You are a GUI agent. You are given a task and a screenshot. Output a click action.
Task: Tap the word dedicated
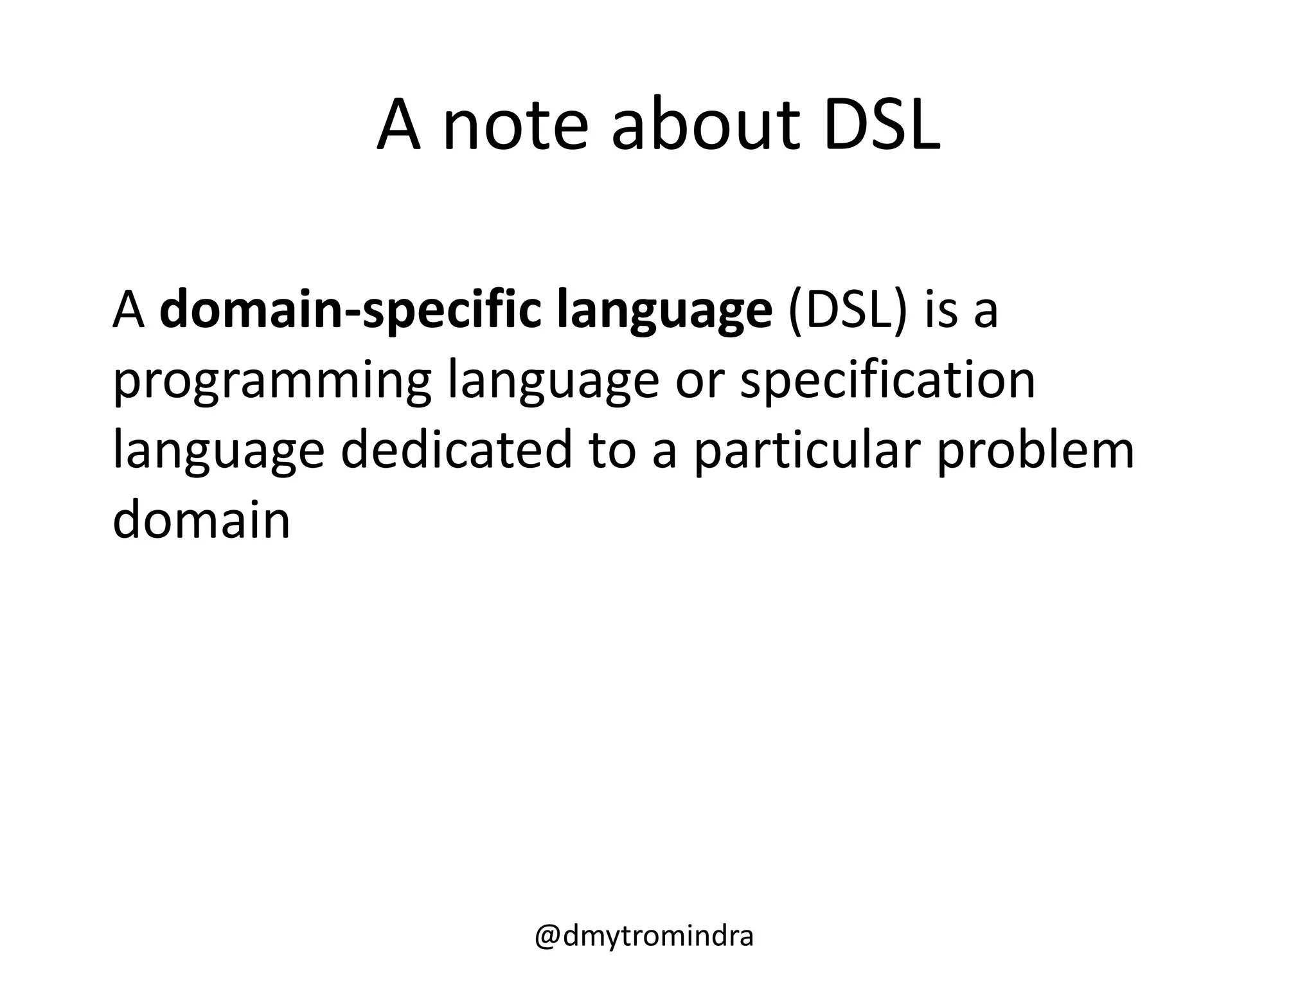456,450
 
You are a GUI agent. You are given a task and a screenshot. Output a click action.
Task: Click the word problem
1035,450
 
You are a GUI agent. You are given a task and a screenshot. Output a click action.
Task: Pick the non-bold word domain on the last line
201,519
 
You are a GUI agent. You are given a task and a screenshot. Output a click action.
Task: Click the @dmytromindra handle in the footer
644,936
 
